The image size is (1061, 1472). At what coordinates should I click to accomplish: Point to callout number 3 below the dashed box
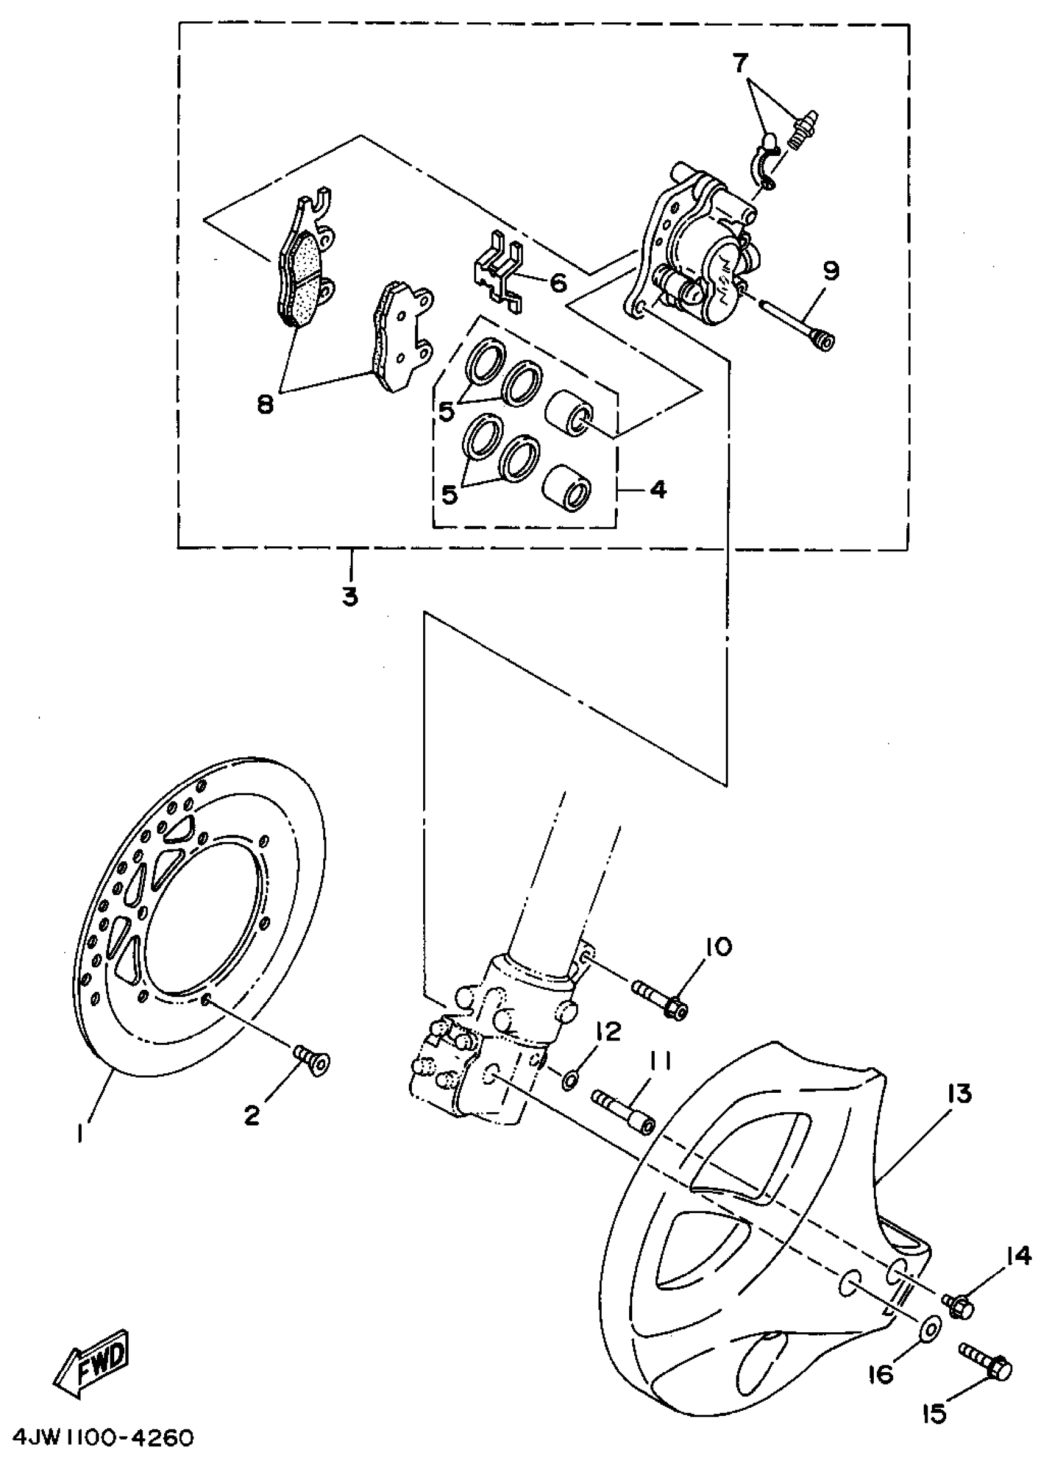pyautogui.click(x=351, y=596)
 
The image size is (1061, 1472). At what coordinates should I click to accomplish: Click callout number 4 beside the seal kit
pyautogui.click(x=658, y=489)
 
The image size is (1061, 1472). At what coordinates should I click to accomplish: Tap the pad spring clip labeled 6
pyautogui.click(x=497, y=275)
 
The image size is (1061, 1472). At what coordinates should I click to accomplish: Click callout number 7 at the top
pyautogui.click(x=740, y=64)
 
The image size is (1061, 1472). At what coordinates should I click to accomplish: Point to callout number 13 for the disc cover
pyautogui.click(x=959, y=1093)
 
